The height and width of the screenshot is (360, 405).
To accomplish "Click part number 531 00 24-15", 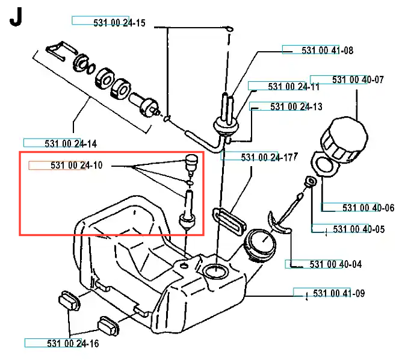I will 119,23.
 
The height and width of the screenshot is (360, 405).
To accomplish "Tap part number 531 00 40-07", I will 358,79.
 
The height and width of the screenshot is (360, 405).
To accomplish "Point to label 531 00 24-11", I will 294,87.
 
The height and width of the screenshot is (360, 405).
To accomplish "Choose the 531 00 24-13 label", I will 296,107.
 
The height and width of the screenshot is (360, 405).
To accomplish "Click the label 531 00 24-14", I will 70,143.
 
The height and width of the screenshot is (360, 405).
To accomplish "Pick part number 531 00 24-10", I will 76,166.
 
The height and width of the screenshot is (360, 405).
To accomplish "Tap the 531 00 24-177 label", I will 270,158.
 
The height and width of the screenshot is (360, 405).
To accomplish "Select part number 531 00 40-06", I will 368,208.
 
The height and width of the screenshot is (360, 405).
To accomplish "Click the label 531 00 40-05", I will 359,229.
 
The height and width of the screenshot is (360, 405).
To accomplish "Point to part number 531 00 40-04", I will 336,264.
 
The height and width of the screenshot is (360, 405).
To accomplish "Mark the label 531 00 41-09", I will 339,294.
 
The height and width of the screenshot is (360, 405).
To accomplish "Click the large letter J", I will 16,18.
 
